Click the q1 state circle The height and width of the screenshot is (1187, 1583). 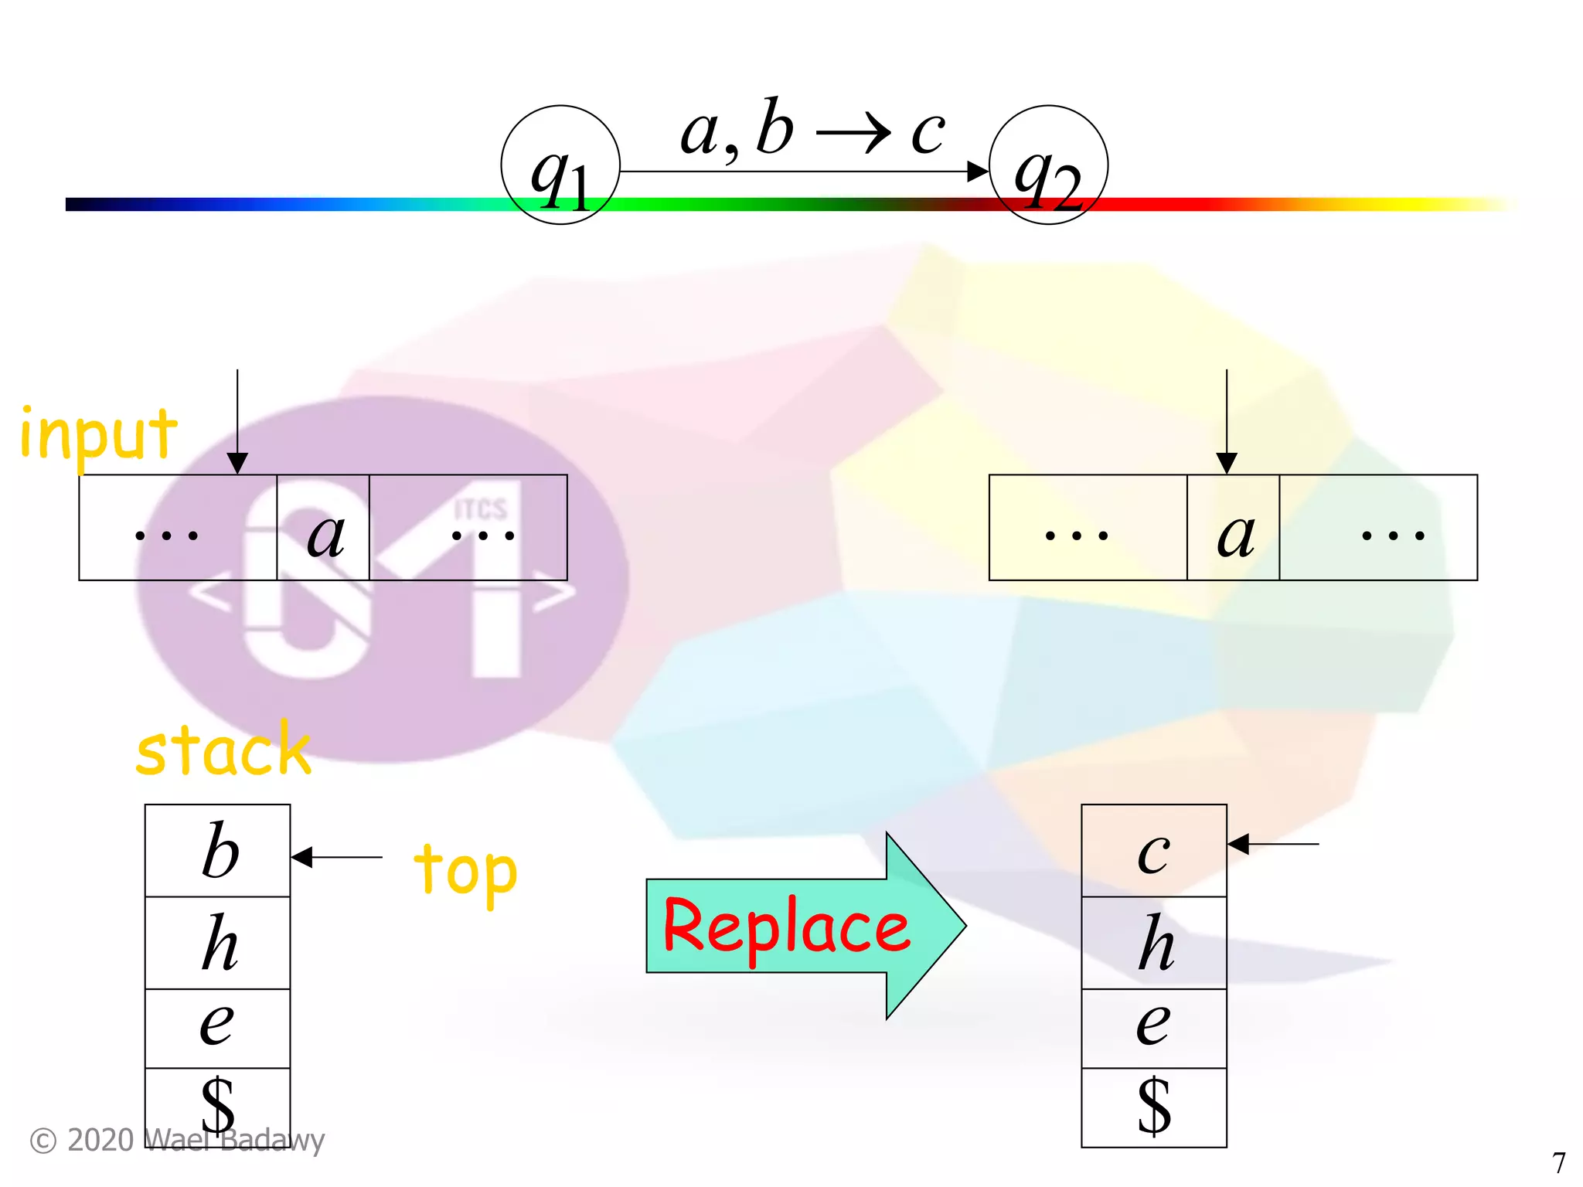[x=560, y=165]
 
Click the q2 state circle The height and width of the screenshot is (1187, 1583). [x=1048, y=165]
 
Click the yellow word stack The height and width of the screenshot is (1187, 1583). [x=223, y=750]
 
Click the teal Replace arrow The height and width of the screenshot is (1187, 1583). [x=804, y=926]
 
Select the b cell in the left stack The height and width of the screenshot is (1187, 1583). [x=218, y=851]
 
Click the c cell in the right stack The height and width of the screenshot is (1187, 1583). [x=1153, y=851]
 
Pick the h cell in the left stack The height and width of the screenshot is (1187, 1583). [x=218, y=943]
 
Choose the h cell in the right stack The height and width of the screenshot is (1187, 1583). [x=1153, y=943]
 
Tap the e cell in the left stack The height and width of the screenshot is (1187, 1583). [x=218, y=1029]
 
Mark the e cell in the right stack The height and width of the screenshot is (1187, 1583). [x=1153, y=1029]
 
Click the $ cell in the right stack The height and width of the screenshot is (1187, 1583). [x=1153, y=1107]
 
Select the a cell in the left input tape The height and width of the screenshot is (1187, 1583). [x=323, y=528]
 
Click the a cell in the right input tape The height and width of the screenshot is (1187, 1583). [x=1233, y=528]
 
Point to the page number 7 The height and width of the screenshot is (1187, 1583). [x=1558, y=1162]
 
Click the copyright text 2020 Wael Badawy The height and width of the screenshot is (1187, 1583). [x=178, y=1141]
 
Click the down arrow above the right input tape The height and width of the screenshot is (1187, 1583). [x=1227, y=421]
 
